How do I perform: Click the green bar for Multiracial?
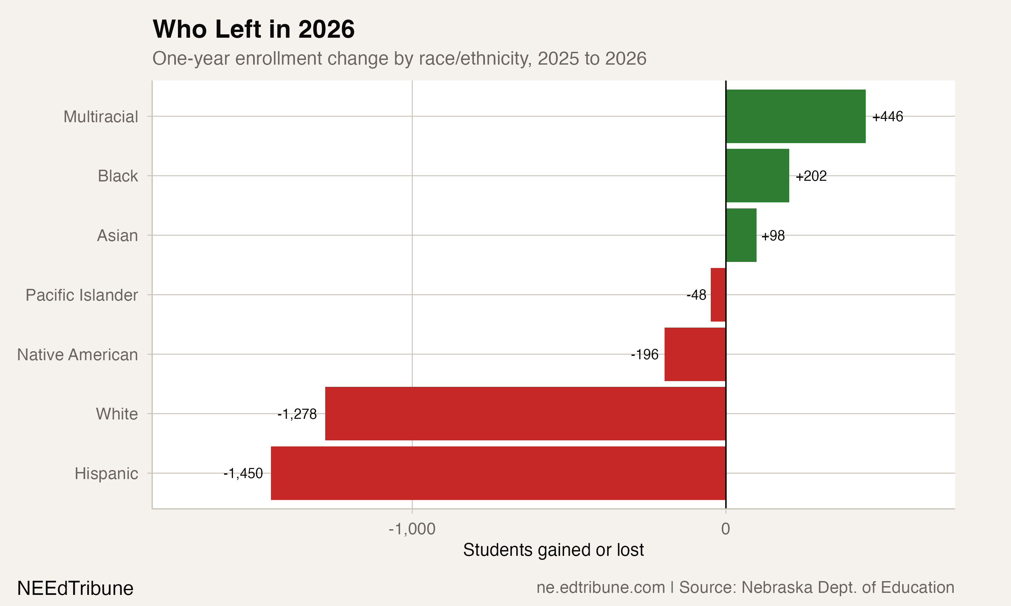pos(795,116)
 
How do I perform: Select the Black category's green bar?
pos(757,176)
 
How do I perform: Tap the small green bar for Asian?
pos(741,235)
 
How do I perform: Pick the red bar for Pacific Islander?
pos(718,295)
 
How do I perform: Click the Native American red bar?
pos(695,354)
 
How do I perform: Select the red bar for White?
pos(525,414)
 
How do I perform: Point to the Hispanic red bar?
pos(498,473)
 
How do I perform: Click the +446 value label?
pos(888,117)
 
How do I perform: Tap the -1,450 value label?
pos(243,473)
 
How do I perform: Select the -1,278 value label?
pos(297,414)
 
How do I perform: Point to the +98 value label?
pos(773,236)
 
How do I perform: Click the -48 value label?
pos(696,295)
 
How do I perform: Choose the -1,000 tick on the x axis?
pos(412,529)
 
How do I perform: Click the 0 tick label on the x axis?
pos(725,529)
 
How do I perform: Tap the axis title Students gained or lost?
pos(553,550)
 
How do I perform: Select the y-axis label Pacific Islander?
pos(82,295)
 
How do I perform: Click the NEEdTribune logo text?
pos(75,588)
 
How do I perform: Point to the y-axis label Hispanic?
pos(106,474)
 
